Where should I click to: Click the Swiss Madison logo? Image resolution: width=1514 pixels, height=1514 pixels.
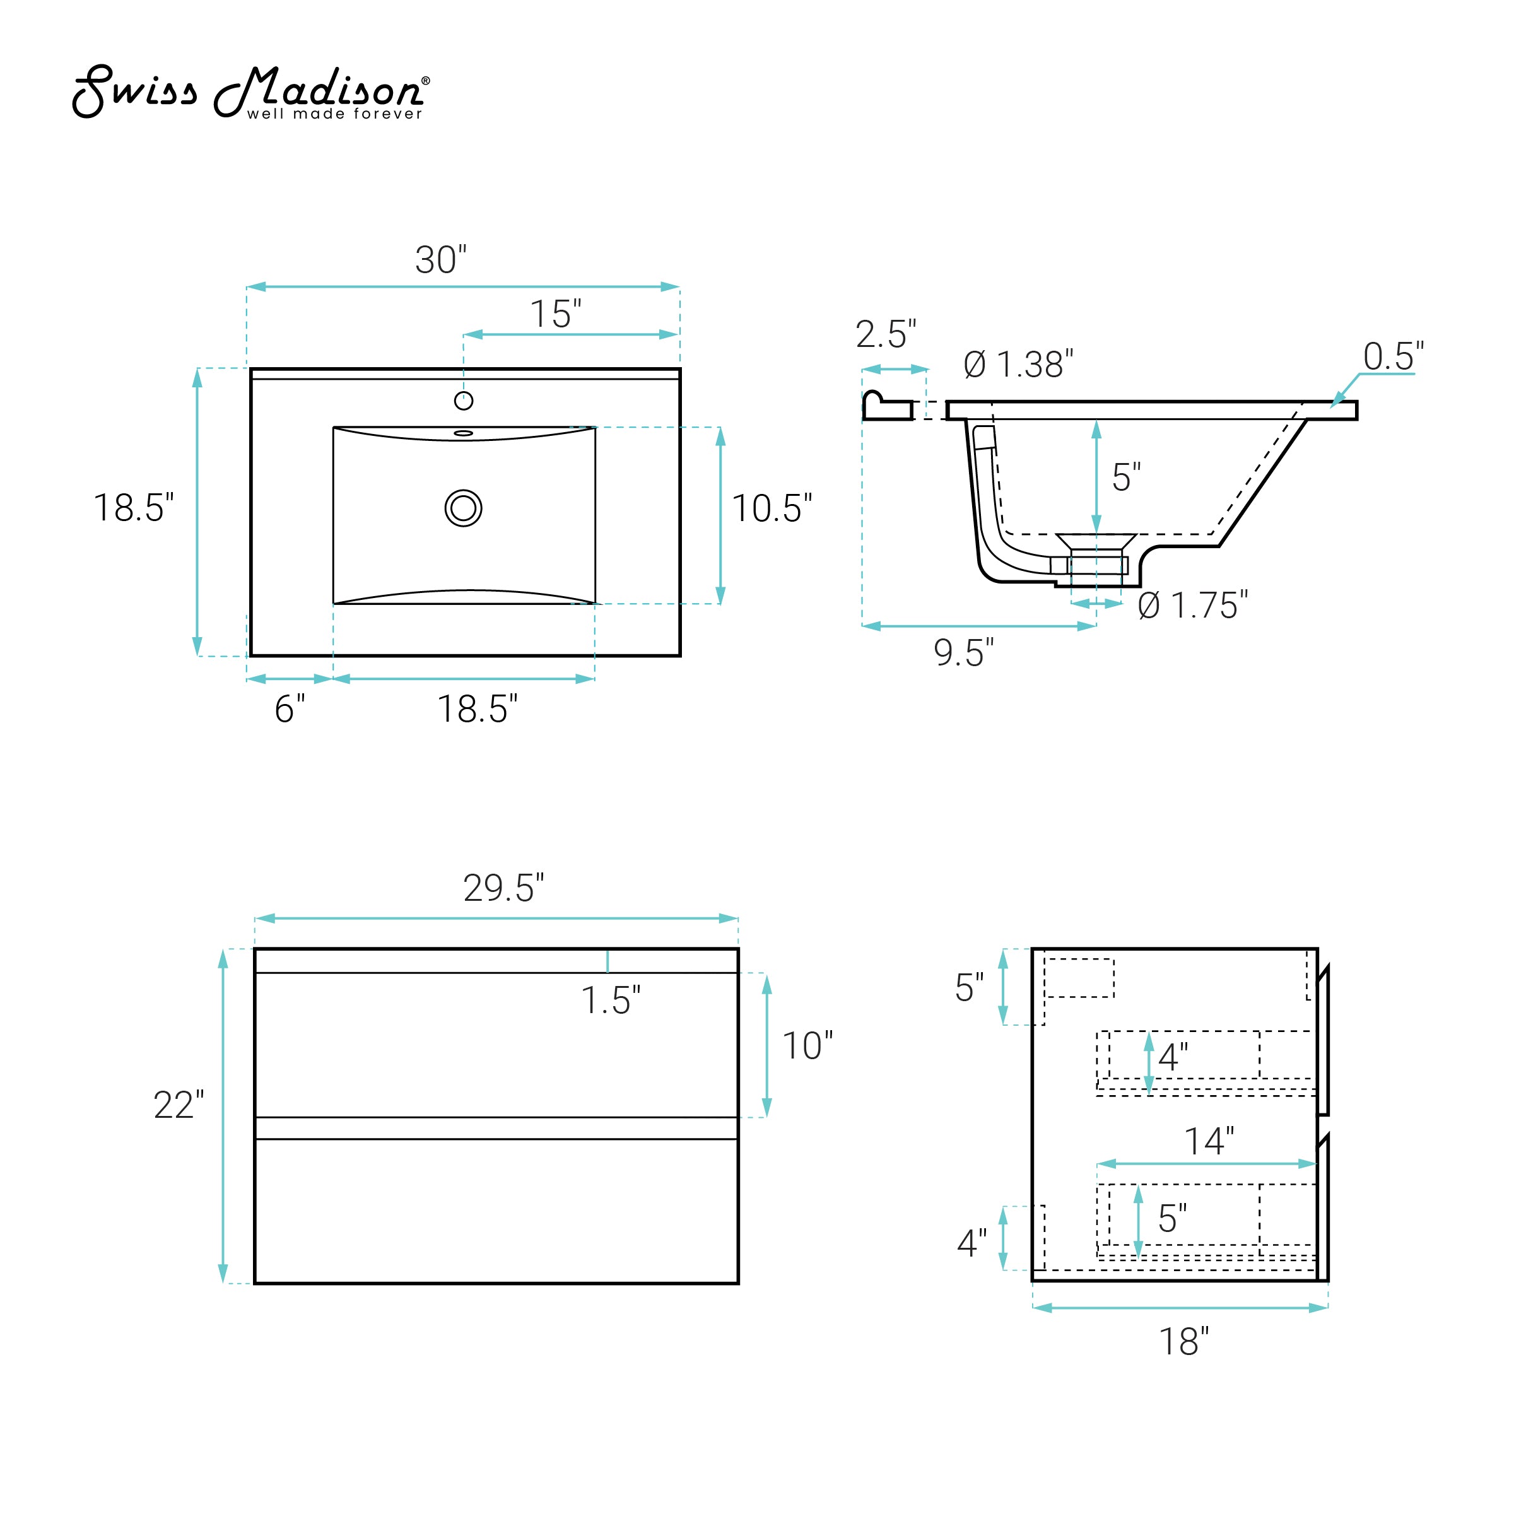[x=251, y=91]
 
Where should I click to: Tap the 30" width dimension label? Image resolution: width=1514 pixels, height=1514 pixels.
[x=440, y=260]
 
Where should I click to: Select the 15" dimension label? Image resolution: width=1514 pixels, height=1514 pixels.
[x=556, y=314]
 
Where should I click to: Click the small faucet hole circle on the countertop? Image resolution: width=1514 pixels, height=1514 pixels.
[x=464, y=401]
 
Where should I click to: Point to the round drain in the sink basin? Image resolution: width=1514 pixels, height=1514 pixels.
[x=463, y=508]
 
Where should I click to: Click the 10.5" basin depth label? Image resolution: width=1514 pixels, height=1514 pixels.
[x=772, y=508]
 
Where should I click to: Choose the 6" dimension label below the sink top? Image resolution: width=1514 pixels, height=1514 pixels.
[x=289, y=709]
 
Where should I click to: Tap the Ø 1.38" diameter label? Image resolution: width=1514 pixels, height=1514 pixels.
[x=1018, y=365]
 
